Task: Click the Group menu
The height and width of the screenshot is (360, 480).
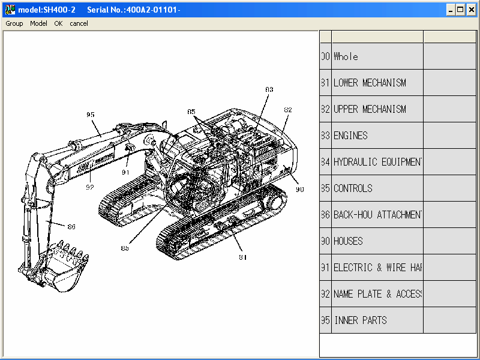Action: [x=14, y=23]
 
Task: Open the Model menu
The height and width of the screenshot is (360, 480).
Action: [x=38, y=23]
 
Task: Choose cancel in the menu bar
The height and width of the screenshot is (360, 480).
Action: [x=79, y=23]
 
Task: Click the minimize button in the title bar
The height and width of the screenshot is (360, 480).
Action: [x=450, y=10]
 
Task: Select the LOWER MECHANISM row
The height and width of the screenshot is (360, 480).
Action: [x=370, y=83]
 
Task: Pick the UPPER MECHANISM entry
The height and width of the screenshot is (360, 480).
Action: [x=370, y=109]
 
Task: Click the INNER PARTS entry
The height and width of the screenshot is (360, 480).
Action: [x=360, y=320]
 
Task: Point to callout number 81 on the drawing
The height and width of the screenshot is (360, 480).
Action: [x=243, y=257]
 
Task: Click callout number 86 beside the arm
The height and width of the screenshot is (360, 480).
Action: [x=71, y=227]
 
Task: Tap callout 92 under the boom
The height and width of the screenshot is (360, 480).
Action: [x=90, y=187]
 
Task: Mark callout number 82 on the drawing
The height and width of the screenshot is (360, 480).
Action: [x=288, y=110]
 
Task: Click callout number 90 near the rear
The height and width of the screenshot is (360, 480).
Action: [x=299, y=189]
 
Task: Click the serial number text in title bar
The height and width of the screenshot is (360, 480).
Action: [x=133, y=10]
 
